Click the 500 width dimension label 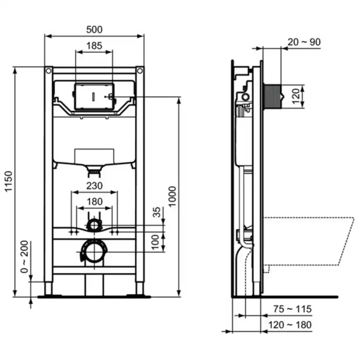pos(94,30)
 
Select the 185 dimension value pos(94,46)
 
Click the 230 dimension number pos(94,186)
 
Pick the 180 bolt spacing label pos(94,202)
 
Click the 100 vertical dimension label pos(156,242)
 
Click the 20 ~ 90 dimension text pos(304,42)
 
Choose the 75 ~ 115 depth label pos(292,309)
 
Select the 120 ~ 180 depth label pos(292,325)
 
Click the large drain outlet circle pos(94,251)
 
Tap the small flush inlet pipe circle pos(94,225)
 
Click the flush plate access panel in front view pos(94,96)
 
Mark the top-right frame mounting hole pos(140,71)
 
